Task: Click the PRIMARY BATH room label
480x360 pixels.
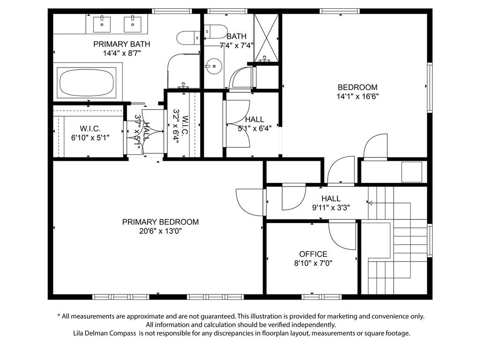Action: (x=121, y=44)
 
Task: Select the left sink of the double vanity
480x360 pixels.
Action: (x=102, y=24)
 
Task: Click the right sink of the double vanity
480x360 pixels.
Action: (x=133, y=24)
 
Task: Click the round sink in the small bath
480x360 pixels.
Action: (x=214, y=66)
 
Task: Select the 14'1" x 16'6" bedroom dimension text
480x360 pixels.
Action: (x=358, y=97)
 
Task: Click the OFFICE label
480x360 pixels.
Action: (x=313, y=254)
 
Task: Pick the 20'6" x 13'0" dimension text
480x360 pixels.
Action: (x=160, y=231)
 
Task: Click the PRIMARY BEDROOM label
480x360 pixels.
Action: (x=160, y=222)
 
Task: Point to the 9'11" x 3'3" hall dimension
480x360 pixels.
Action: (x=331, y=208)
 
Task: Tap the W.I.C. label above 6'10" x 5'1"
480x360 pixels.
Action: (x=90, y=128)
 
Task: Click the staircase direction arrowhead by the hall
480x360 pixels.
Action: (x=370, y=202)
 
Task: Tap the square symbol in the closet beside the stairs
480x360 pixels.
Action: (x=412, y=172)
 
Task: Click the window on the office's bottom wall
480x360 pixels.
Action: (x=322, y=297)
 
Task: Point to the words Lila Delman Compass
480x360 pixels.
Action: (x=105, y=333)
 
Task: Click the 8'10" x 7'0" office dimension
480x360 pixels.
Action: (x=313, y=263)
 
